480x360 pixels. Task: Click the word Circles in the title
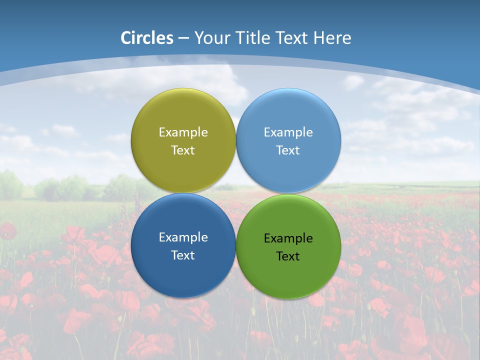click(x=146, y=38)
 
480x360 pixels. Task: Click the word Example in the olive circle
click(x=183, y=132)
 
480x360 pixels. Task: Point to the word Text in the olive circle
click(x=183, y=150)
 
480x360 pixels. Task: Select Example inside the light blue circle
click(x=288, y=132)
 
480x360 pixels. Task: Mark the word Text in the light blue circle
click(x=288, y=150)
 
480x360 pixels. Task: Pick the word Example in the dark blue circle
click(x=183, y=237)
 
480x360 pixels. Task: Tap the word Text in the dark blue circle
click(x=183, y=255)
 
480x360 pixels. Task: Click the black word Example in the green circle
click(x=288, y=238)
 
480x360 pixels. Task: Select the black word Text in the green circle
click(x=288, y=256)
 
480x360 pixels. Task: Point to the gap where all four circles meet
click(x=236, y=193)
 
